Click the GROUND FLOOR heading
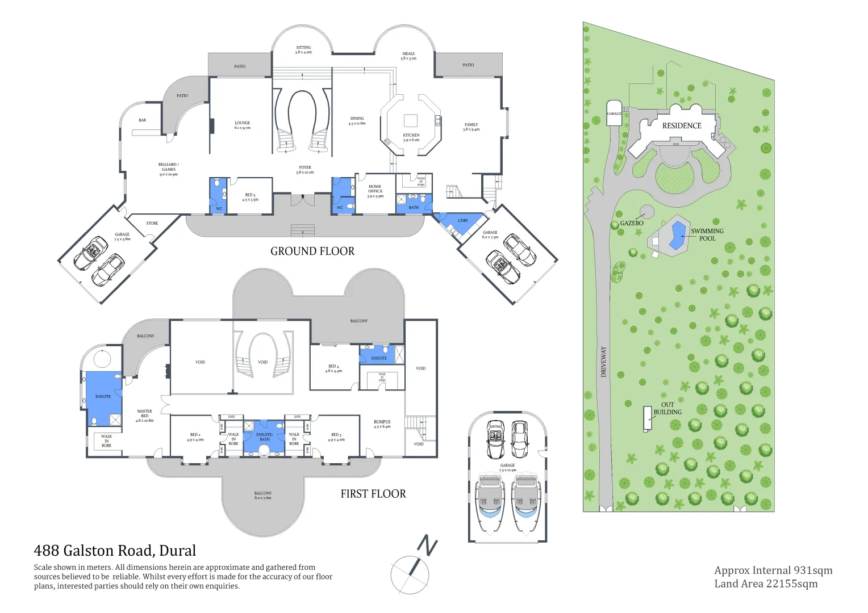tap(312, 251)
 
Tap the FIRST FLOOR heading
tap(373, 494)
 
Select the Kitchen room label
tap(411, 137)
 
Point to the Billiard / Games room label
tap(168, 169)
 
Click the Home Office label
tap(375, 191)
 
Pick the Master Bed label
tap(145, 415)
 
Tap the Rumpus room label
tap(382, 424)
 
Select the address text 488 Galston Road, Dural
tap(115, 551)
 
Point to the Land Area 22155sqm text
tap(766, 583)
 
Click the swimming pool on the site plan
tap(677, 234)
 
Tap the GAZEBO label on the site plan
tap(632, 223)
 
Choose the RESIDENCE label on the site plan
tap(682, 126)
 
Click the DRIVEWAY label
tap(603, 362)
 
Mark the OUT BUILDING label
tap(667, 409)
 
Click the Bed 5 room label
tap(250, 197)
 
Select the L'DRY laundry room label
tap(463, 220)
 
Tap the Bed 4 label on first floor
tap(333, 368)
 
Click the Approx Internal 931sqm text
tap(773, 570)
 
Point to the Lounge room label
tap(243, 125)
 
